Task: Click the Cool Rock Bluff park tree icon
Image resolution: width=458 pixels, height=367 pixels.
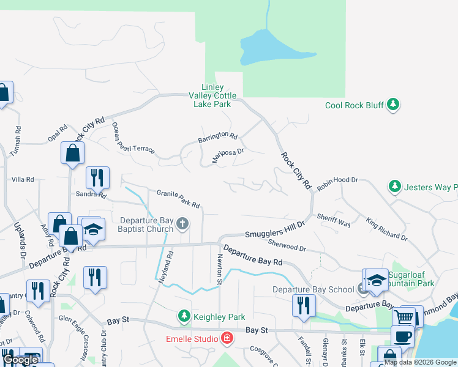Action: coord(394,105)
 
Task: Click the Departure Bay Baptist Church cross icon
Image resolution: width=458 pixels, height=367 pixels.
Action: coord(182,225)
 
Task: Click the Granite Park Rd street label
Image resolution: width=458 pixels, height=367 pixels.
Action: coord(178,198)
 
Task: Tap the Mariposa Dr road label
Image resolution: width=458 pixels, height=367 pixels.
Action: coord(228,155)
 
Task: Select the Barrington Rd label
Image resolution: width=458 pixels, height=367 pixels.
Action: coord(217,138)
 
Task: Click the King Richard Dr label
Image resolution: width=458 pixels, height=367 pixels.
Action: coord(387,228)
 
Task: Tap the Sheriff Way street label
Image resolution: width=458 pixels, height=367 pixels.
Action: coord(334,220)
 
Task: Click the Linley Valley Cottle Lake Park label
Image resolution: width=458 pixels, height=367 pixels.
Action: coord(212,96)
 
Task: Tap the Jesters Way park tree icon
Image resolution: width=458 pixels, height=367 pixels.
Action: coord(395,186)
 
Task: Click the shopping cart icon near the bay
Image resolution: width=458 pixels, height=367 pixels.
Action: coord(404,317)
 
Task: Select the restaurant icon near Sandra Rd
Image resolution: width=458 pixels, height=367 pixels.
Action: coord(97,178)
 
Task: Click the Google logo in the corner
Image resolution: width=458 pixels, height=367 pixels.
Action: coord(20,360)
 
